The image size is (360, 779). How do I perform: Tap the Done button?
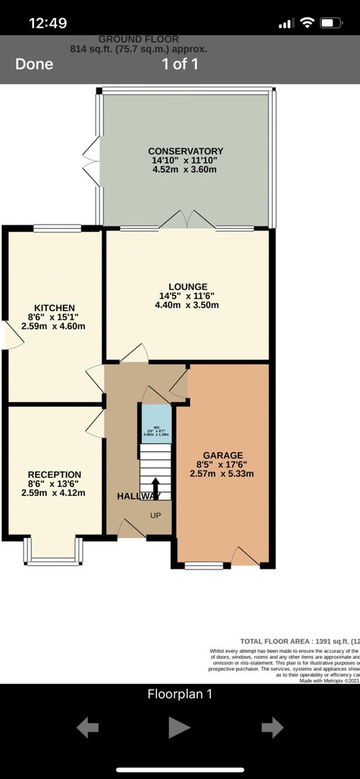point(34,64)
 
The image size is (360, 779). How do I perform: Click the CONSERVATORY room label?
point(186,150)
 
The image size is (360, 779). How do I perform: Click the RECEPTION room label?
point(54,474)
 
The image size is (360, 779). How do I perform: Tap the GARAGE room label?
point(222,455)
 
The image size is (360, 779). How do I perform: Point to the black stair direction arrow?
point(155,487)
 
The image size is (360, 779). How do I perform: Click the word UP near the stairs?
point(155,515)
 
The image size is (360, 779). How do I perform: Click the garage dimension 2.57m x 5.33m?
point(222,473)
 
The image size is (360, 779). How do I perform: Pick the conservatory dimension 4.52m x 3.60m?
point(186,169)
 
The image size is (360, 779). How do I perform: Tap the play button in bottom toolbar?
point(179,728)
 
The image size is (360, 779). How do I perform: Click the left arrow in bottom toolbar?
point(87,728)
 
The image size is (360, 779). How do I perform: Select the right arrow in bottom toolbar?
point(272,728)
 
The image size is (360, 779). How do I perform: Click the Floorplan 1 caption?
point(179,695)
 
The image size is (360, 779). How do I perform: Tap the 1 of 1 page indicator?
point(179,64)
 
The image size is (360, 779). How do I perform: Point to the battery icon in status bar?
point(331,23)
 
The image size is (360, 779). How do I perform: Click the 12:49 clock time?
point(48,23)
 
